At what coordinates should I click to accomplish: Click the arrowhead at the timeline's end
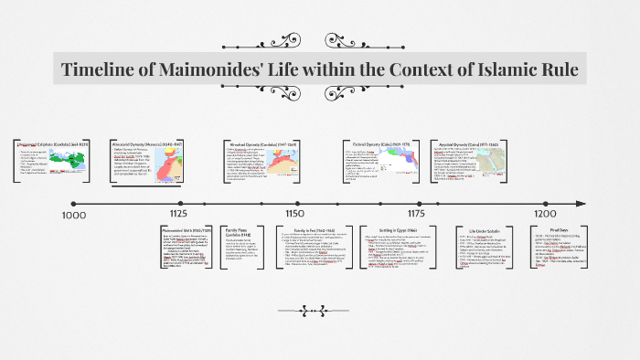click(578, 202)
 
